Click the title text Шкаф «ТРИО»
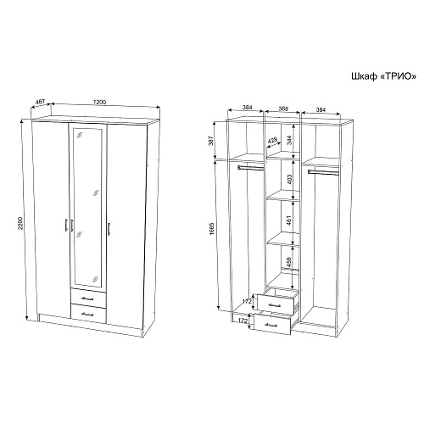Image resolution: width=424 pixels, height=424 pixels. [x=383, y=76]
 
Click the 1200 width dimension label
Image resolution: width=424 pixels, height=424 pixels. [x=99, y=102]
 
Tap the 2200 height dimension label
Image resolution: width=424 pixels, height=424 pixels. [x=20, y=223]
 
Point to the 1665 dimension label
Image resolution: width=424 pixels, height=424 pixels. [x=212, y=229]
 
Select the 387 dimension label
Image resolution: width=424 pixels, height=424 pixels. [x=211, y=141]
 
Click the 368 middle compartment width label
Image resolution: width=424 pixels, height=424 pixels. [x=283, y=109]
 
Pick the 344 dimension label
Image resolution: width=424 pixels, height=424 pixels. [x=289, y=140]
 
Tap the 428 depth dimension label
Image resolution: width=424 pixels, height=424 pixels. [x=273, y=141]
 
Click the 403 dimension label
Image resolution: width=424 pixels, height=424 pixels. [x=289, y=179]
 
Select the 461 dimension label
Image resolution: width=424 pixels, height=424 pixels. [x=289, y=220]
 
